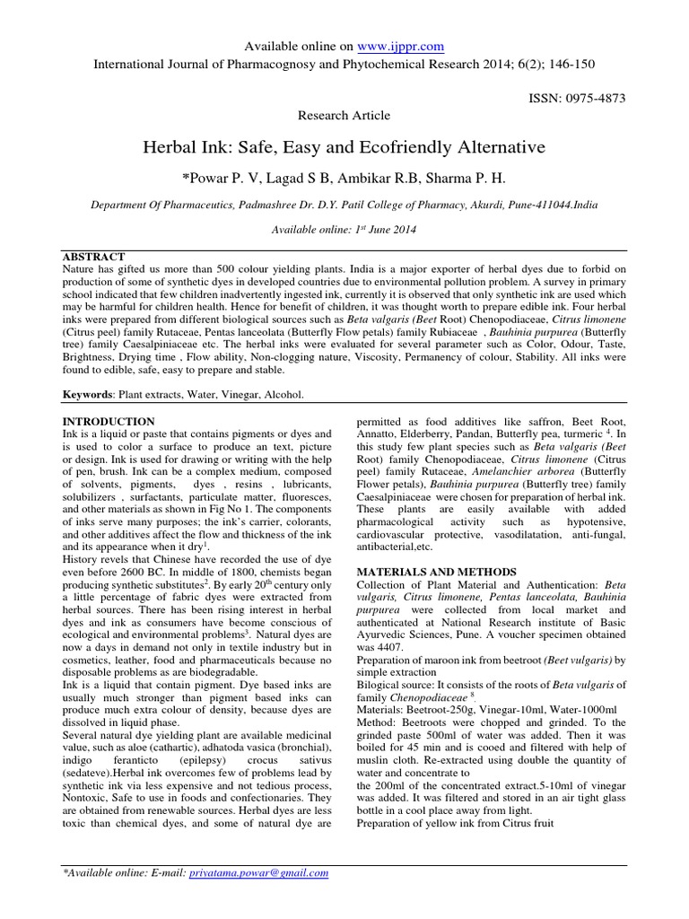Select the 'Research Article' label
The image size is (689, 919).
(344, 115)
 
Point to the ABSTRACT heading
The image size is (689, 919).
(94, 256)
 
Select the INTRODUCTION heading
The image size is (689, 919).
(108, 421)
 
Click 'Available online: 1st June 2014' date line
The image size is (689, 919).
(344, 230)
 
